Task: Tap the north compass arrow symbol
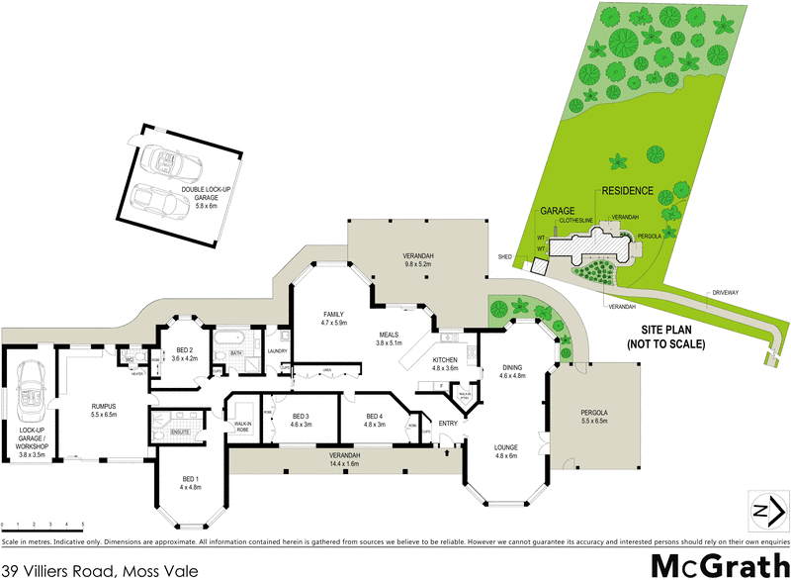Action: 763,511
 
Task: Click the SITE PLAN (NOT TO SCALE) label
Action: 665,338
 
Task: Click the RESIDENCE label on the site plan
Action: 626,190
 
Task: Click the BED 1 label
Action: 190,483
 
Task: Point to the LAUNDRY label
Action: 277,350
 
